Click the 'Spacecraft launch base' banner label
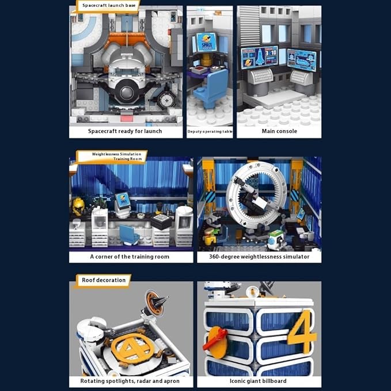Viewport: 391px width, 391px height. (x=108, y=6)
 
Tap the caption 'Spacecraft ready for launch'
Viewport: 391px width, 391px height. (x=125, y=131)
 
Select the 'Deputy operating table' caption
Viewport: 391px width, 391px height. (x=210, y=132)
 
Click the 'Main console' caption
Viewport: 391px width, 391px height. (x=279, y=131)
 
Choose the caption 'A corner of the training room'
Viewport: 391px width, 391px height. (x=130, y=256)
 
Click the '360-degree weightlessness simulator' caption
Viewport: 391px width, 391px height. (x=259, y=256)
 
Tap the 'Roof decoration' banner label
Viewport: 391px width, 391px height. (x=104, y=280)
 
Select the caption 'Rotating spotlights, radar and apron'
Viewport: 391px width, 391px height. (x=130, y=381)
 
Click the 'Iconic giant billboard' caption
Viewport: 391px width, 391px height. (x=259, y=381)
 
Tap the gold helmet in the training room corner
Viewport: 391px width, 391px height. (x=78, y=204)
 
